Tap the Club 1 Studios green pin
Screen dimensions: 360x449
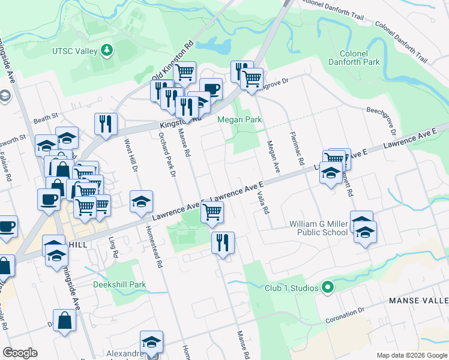pyautogui.click(x=327, y=288)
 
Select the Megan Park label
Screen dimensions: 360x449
pyautogui.click(x=240, y=119)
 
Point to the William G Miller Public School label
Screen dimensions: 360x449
pyautogui.click(x=318, y=228)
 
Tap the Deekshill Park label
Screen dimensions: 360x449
pyautogui.click(x=119, y=284)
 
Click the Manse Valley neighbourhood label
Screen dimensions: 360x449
pyautogui.click(x=418, y=300)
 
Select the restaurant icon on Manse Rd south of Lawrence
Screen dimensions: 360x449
pyautogui.click(x=223, y=243)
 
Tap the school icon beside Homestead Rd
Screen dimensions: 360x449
pyautogui.click(x=141, y=202)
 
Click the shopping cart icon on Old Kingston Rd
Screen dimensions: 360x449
pyautogui.click(x=185, y=72)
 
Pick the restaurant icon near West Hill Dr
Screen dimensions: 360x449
pyautogui.click(x=106, y=124)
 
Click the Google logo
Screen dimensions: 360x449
pyautogui.click(x=20, y=353)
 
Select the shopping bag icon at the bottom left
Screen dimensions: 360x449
pyautogui.click(x=64, y=321)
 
